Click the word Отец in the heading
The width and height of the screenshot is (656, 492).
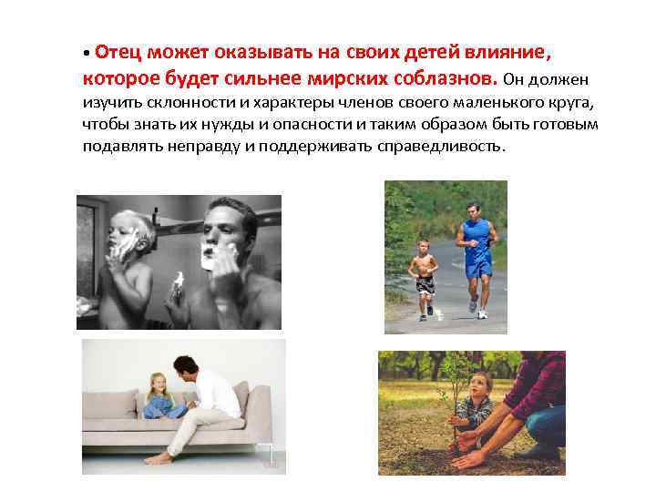click(x=115, y=52)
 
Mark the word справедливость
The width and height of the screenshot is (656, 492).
click(x=440, y=146)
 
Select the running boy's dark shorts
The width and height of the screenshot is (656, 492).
click(x=425, y=283)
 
